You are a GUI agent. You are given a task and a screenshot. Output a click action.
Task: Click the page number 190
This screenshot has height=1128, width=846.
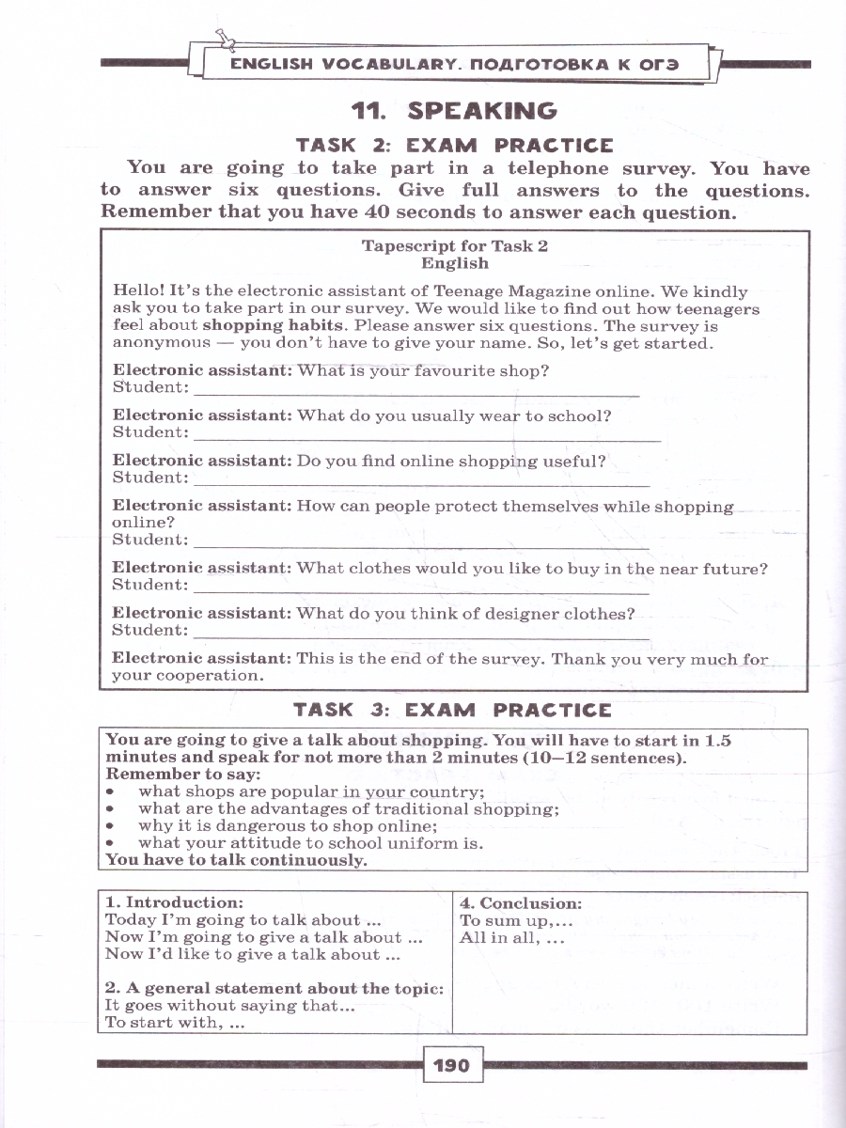coord(451,1066)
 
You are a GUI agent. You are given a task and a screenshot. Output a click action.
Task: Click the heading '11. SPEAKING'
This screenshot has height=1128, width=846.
coord(454,111)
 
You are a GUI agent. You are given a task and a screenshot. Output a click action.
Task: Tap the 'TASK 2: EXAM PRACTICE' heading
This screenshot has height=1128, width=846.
coord(454,146)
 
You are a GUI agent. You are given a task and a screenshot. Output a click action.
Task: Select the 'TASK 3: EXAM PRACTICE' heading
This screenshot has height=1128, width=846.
coord(452,710)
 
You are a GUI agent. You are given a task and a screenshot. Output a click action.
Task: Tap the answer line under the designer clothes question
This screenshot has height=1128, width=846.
coord(420,638)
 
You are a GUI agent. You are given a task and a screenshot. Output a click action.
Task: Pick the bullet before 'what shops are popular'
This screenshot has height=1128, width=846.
coord(111,792)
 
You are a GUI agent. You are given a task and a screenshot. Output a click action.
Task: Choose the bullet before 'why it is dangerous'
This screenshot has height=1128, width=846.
coord(111,826)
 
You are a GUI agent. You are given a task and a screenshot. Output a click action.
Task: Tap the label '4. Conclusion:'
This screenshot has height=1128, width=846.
coord(521,903)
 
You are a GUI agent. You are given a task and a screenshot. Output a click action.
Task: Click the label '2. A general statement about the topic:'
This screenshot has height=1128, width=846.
coord(274,988)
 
